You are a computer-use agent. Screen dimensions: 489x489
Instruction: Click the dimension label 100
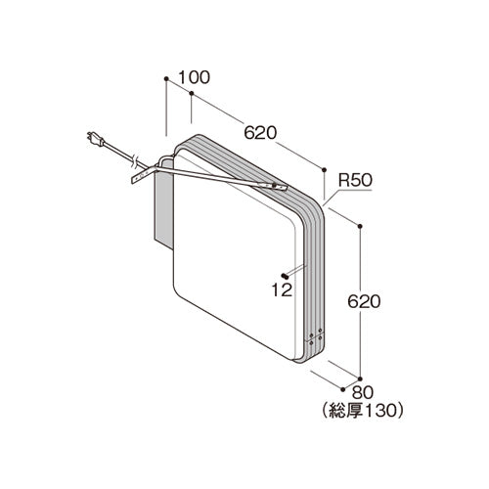click(x=195, y=77)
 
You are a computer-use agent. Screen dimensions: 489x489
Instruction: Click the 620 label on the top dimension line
click(x=260, y=133)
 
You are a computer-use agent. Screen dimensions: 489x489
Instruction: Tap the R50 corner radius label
click(x=355, y=180)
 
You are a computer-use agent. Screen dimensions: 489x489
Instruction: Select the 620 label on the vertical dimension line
click(x=364, y=301)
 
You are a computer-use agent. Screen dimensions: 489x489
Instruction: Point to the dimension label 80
click(x=362, y=393)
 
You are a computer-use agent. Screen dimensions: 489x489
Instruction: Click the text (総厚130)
click(x=362, y=411)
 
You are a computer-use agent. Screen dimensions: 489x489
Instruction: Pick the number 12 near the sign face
click(x=282, y=289)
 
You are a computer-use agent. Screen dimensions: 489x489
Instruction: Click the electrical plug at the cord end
click(x=95, y=139)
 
